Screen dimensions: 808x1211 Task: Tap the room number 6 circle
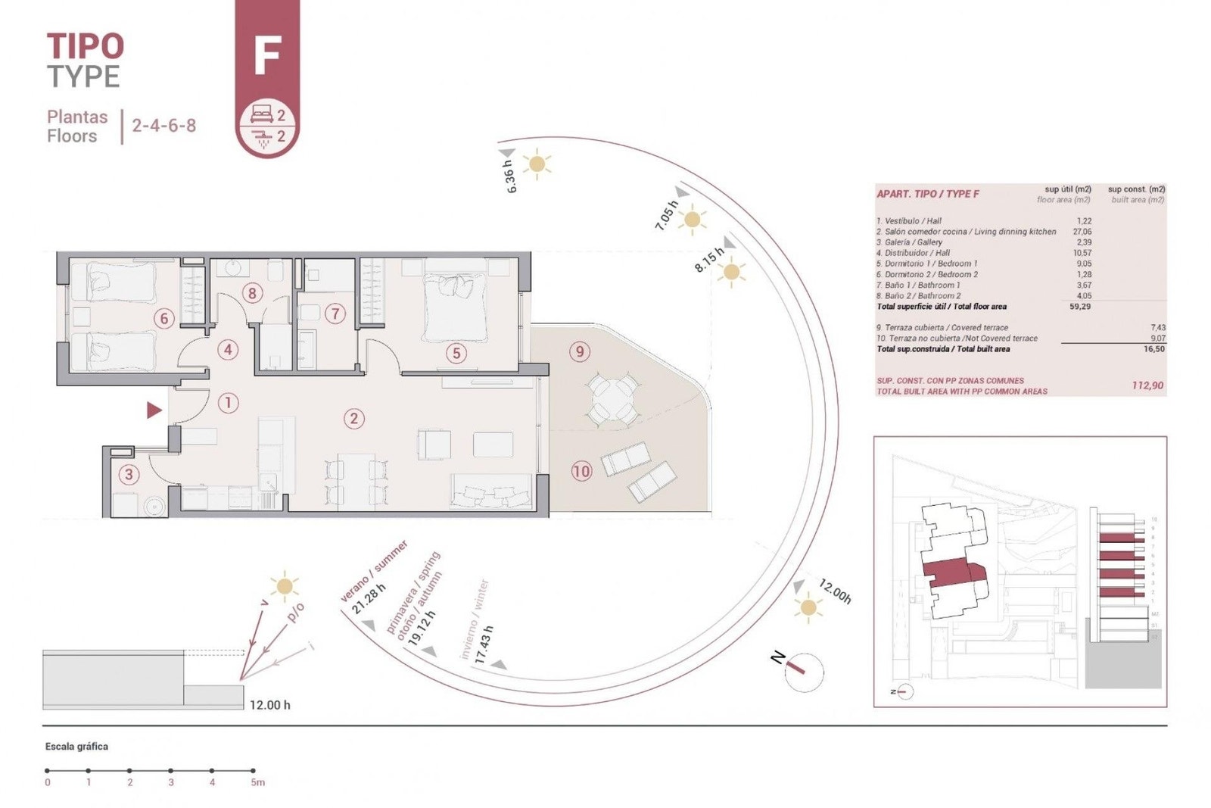pos(164,319)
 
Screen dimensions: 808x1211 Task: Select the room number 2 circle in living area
pos(353,418)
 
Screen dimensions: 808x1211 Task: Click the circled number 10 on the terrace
pos(581,472)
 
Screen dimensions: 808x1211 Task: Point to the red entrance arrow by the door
pos(154,410)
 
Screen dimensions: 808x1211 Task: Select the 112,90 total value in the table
pos(1147,385)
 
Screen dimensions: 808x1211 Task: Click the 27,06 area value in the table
pos(1082,232)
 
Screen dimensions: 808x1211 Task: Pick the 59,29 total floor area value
pos(1080,307)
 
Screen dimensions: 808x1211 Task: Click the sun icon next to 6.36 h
pos(537,164)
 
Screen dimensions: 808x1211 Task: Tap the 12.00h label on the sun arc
pos(835,591)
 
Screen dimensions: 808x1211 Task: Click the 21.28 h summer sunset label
pos(369,597)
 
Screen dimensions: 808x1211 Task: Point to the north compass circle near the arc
pos(803,672)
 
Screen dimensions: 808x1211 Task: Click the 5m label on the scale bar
pos(257,783)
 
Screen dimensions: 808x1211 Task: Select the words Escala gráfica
pos(76,747)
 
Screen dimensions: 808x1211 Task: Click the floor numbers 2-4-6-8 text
pos(163,126)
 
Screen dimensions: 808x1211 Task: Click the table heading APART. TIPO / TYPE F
pos(927,194)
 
